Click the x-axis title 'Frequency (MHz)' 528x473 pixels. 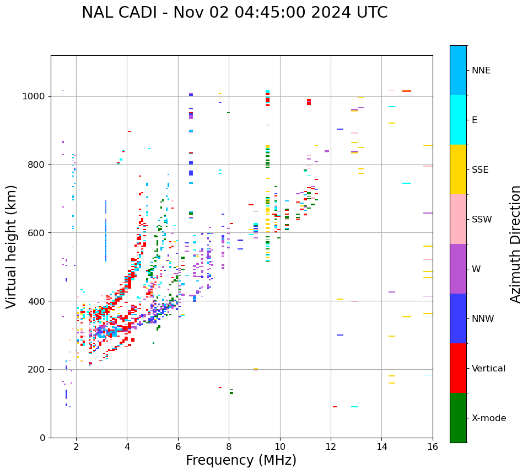(x=241, y=460)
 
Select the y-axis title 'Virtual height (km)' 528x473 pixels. (x=12, y=247)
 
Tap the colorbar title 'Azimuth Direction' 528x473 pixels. (x=515, y=244)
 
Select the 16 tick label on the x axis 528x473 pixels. (x=433, y=447)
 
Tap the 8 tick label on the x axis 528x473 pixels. (x=229, y=447)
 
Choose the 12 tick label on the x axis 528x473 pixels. (x=331, y=447)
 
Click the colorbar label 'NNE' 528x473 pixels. (x=481, y=71)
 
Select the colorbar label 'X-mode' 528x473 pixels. (x=488, y=418)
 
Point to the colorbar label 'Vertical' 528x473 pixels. (x=488, y=369)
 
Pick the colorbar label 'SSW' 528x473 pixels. (x=482, y=220)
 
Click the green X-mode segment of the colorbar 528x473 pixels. (x=458, y=418)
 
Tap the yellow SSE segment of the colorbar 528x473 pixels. (x=458, y=169)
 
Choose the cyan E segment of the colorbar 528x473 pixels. (x=458, y=120)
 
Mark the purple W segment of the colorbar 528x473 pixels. (x=458, y=269)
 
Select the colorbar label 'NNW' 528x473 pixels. (x=483, y=319)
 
